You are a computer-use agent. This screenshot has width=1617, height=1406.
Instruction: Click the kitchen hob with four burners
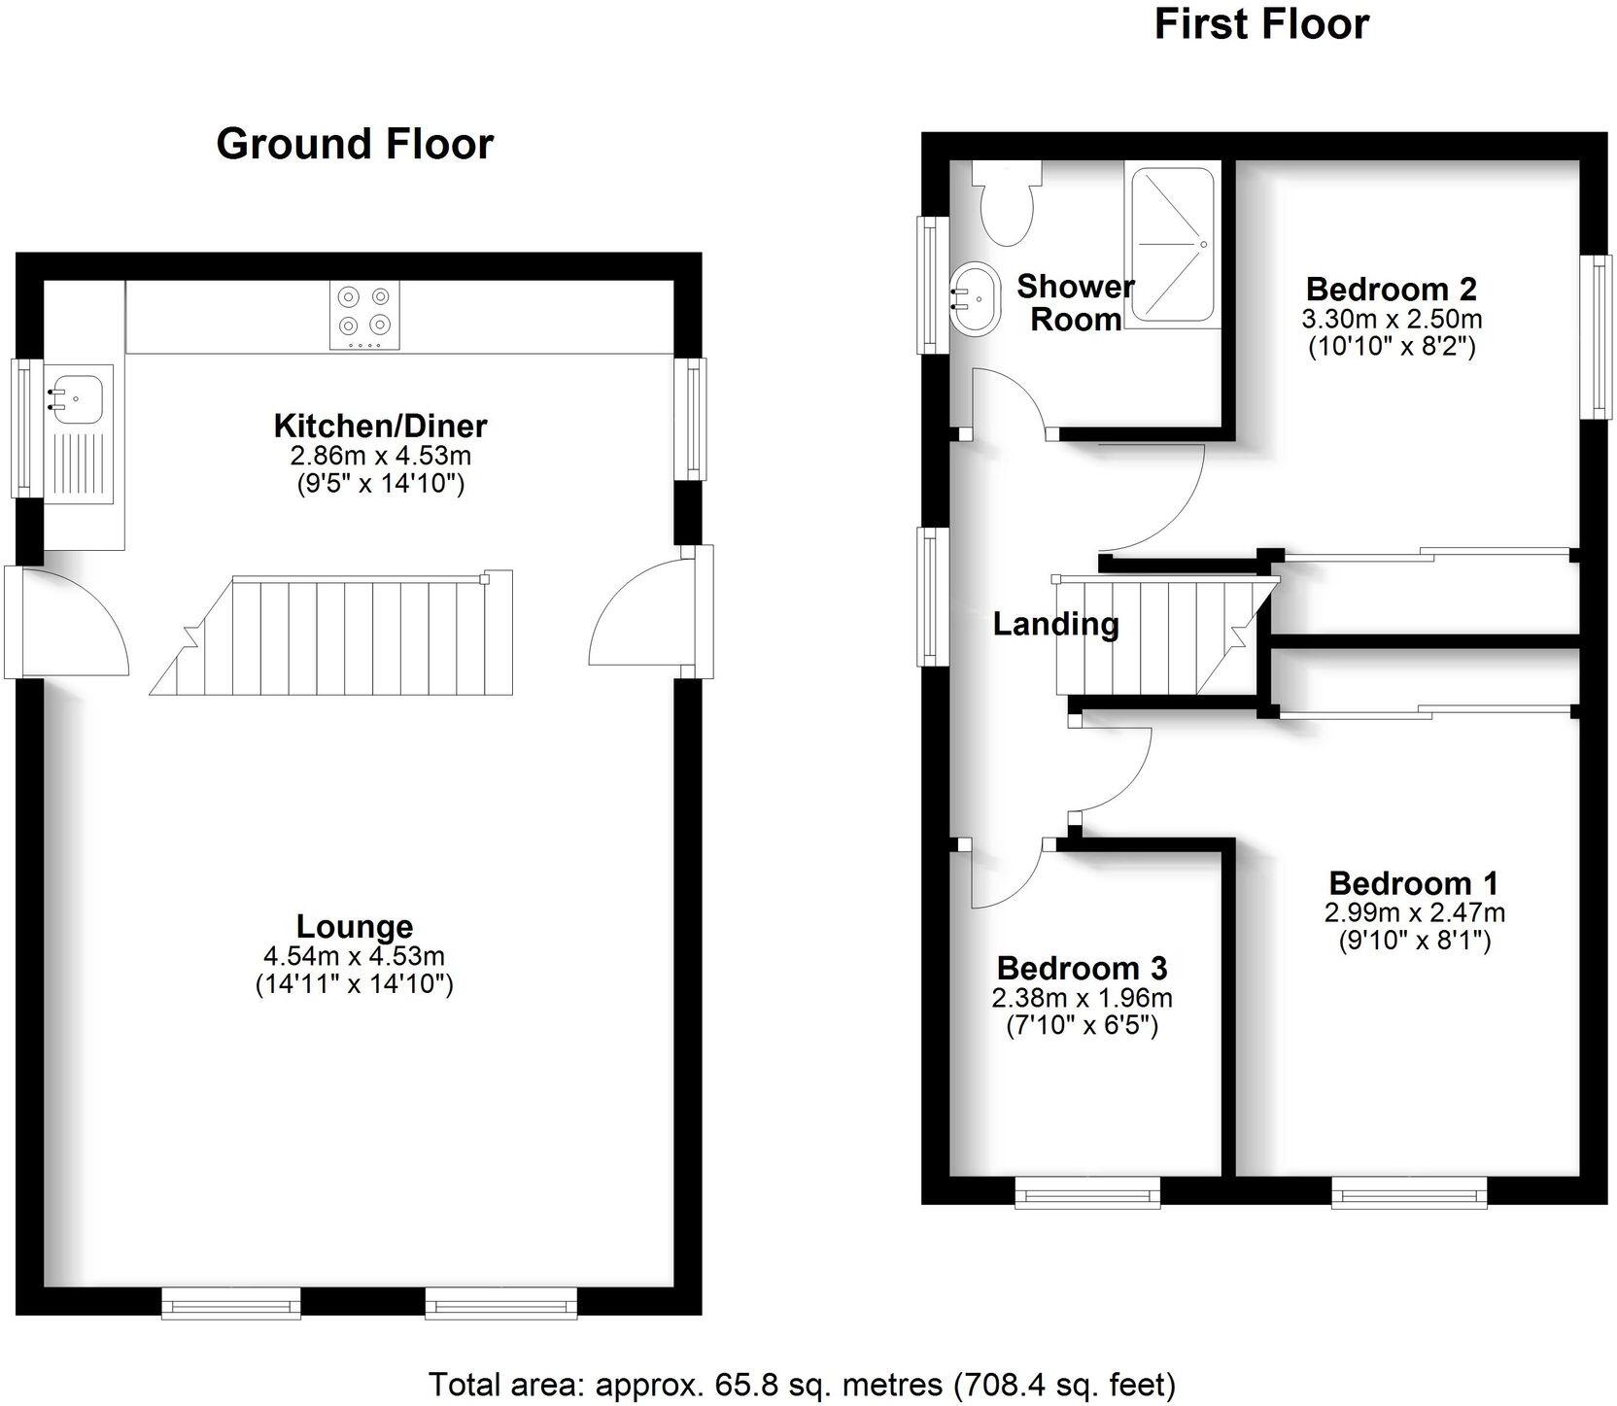364,315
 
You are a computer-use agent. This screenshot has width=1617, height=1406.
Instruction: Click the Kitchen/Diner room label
380,426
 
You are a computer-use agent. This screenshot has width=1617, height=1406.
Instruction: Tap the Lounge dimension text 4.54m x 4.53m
354,956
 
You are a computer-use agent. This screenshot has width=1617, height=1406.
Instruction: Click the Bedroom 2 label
1391,289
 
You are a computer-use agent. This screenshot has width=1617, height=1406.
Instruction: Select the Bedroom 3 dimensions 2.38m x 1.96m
1082,998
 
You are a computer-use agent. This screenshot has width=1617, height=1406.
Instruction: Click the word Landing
1055,624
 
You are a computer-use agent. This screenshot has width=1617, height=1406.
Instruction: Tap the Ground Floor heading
355,144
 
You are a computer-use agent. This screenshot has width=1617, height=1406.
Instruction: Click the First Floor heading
1261,23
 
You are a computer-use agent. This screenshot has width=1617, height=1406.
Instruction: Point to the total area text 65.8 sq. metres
802,1384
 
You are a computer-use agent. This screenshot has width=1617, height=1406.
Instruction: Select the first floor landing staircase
1156,636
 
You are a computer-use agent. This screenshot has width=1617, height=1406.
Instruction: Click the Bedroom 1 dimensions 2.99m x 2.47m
1414,912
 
